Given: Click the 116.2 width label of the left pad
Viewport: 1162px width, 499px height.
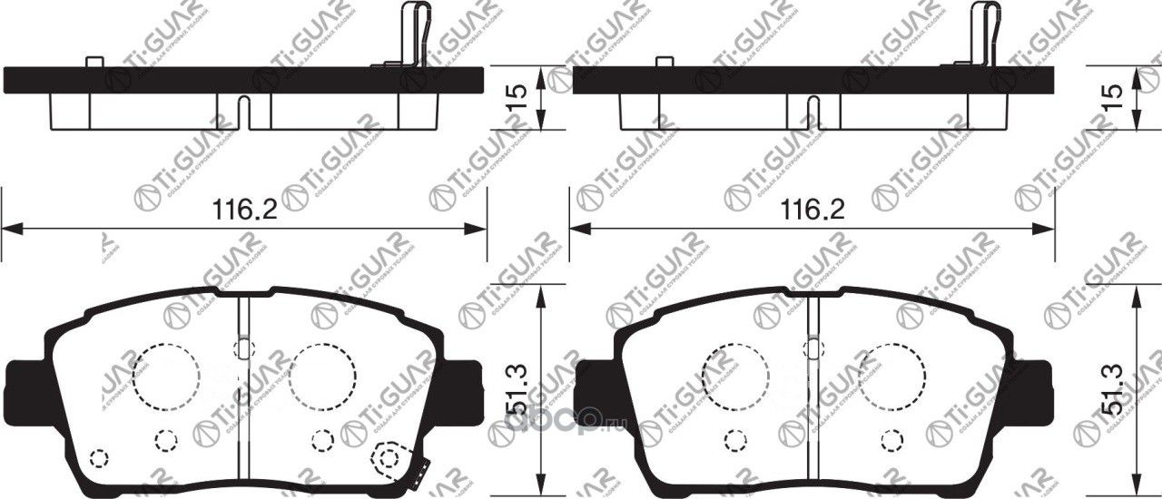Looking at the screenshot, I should coord(243,210).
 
